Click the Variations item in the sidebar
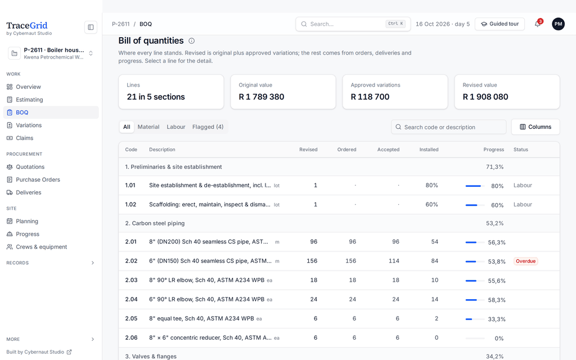click(x=29, y=125)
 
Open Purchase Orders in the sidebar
click(x=38, y=179)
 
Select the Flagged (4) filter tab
click(x=208, y=127)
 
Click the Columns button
click(x=535, y=127)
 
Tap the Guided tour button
click(x=499, y=24)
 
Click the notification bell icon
click(x=537, y=24)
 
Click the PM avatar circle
click(x=558, y=24)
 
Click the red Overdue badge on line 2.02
click(x=526, y=261)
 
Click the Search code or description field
click(x=448, y=127)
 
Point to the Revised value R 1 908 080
click(x=485, y=97)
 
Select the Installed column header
click(x=429, y=150)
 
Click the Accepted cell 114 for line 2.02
click(x=394, y=261)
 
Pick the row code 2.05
click(x=131, y=318)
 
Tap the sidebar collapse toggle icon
click(x=91, y=27)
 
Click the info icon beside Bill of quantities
click(x=191, y=40)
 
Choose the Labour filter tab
click(x=176, y=127)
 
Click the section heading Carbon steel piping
click(x=158, y=223)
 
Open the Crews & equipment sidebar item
click(x=41, y=247)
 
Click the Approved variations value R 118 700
click(x=370, y=97)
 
